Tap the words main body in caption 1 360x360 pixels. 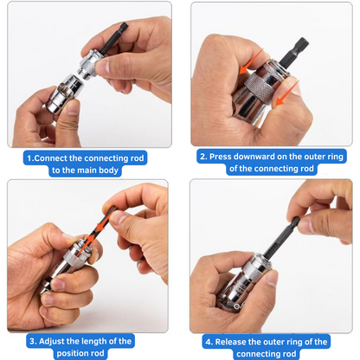107,170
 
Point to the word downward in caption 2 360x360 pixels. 267,157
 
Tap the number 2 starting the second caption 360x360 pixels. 202,157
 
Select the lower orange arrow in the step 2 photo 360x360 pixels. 284,98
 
